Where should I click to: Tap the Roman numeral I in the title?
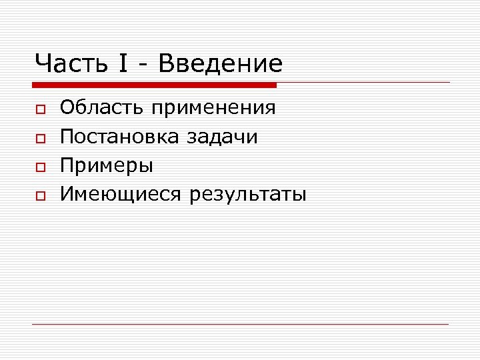point(124,64)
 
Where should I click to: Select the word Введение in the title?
point(221,64)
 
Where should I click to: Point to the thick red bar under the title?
point(154,85)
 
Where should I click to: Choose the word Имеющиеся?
point(121,195)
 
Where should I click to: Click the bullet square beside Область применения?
point(41,109)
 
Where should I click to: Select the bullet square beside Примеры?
point(41,166)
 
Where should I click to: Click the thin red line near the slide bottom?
point(240,324)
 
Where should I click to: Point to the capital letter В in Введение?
point(167,64)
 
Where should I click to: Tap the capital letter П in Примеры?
point(67,165)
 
